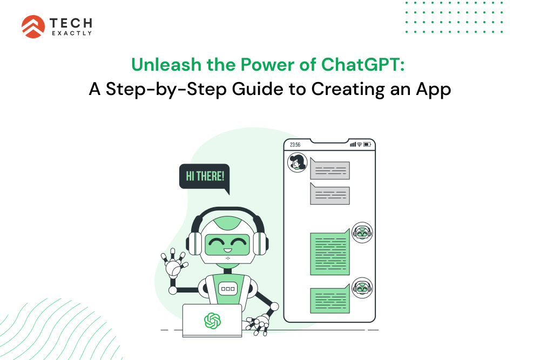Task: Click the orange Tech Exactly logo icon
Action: (x=33, y=26)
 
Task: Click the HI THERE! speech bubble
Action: (x=205, y=176)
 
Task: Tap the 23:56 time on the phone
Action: (x=295, y=145)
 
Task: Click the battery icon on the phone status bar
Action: (x=367, y=145)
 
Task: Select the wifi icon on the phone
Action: (x=360, y=145)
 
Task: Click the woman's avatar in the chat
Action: (x=297, y=162)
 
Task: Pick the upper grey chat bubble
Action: (x=329, y=170)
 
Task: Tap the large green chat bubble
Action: (x=329, y=253)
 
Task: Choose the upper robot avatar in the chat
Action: (x=362, y=233)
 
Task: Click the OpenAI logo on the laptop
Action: (x=212, y=321)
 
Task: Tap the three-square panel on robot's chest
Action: (x=227, y=289)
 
